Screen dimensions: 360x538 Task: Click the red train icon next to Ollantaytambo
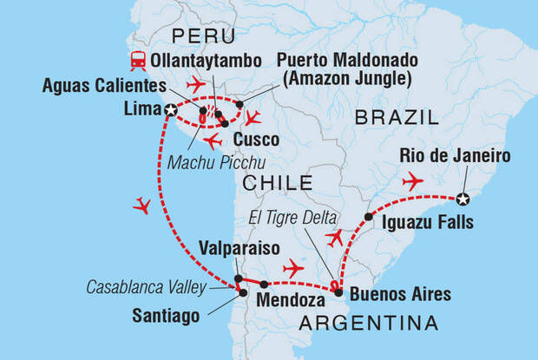coord(137,61)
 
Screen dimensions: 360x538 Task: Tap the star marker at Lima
coord(171,110)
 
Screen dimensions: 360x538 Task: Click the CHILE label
coord(277,182)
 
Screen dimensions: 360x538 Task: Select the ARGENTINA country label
coord(368,324)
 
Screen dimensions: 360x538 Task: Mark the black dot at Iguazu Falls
coord(368,216)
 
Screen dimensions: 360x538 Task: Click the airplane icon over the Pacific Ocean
coord(144,206)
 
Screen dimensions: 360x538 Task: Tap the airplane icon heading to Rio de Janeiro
coord(412,181)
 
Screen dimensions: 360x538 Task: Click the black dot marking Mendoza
coord(264,284)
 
